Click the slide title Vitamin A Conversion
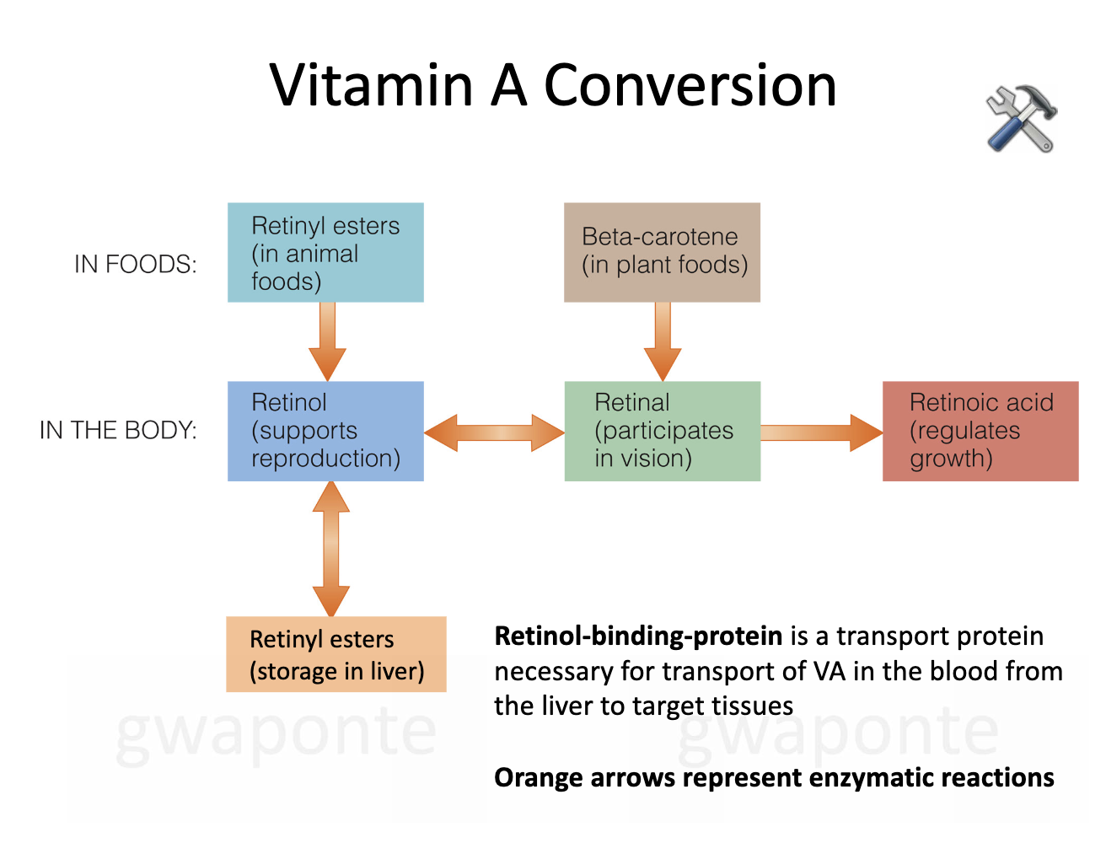point(553,85)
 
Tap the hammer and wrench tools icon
point(1021,119)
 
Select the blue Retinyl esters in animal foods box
point(325,252)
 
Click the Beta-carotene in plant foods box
point(662,252)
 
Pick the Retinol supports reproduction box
point(325,431)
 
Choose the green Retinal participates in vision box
point(662,431)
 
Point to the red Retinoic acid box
point(980,431)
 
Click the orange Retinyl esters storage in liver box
point(336,654)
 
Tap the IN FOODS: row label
point(135,265)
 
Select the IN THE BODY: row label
point(118,431)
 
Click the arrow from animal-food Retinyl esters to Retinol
point(327,341)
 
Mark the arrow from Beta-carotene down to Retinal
point(663,341)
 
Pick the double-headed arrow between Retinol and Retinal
point(494,432)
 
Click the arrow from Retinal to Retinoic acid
point(821,432)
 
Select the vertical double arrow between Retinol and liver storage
point(330,549)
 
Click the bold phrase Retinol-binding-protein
point(638,636)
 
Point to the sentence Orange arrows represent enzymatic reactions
point(773,777)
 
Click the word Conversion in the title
point(690,85)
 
